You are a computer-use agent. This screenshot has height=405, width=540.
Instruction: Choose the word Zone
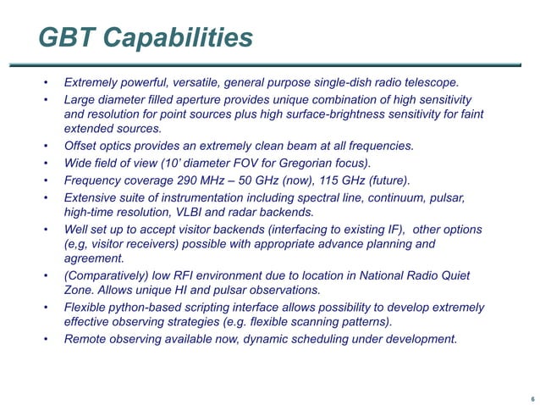point(80,290)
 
